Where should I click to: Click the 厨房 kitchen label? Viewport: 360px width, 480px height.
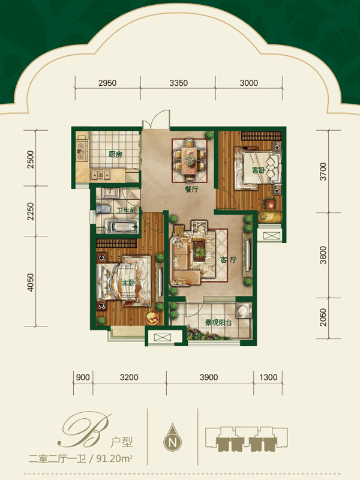115,154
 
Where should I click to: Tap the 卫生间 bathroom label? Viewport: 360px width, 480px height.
126,211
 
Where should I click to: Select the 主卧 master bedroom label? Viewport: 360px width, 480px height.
128,282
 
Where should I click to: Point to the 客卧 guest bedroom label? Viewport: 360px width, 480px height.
259,170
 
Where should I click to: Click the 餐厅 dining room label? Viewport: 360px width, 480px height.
191,189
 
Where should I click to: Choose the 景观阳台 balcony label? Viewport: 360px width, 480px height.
218,322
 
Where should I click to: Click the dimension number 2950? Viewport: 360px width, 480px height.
107,83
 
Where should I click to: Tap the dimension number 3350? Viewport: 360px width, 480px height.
178,83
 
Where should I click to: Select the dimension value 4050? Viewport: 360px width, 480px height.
31,282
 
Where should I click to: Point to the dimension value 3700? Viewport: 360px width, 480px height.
323,172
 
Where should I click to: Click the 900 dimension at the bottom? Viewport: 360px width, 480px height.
83,377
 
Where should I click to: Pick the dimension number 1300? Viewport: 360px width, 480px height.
268,377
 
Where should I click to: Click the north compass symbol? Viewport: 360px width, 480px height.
173,438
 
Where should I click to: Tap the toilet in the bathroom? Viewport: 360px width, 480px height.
103,209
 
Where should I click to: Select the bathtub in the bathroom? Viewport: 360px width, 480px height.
121,227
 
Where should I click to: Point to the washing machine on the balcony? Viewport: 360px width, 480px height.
244,311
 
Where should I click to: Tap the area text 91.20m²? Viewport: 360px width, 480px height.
115,459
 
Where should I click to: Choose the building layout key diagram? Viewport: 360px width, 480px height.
247,439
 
